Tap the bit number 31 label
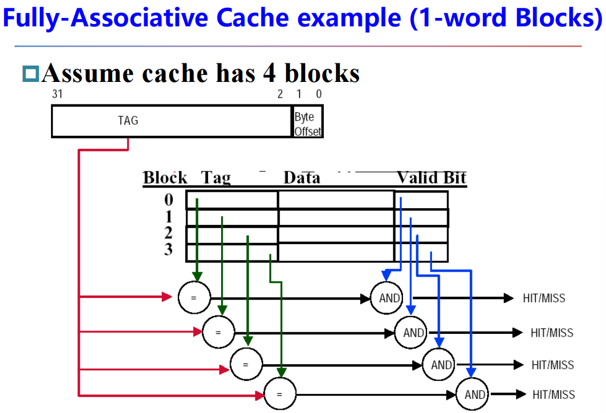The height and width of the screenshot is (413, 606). [57, 94]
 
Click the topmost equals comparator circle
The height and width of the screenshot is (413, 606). [194, 297]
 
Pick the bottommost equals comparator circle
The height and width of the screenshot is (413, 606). [279, 395]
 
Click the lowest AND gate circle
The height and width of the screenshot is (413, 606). [474, 394]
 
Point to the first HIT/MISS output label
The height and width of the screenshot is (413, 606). [544, 298]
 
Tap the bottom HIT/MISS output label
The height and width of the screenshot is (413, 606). [554, 394]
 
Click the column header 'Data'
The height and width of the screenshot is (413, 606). [301, 178]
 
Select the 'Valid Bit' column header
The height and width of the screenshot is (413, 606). [431, 178]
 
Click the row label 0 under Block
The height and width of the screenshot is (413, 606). [169, 200]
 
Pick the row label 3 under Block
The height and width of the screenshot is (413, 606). [168, 249]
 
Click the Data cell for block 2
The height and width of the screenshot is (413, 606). [336, 235]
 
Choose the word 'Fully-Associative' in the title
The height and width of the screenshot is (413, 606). [104, 20]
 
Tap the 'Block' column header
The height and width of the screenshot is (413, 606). [165, 178]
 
